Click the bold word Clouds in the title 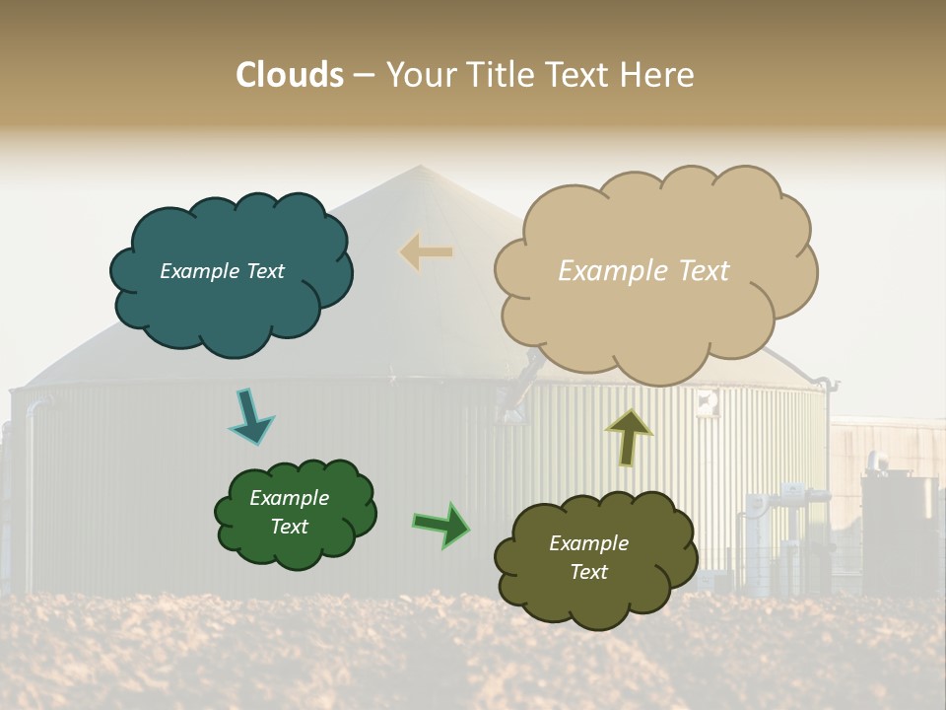pyautogui.click(x=290, y=75)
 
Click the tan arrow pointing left pyautogui.click(x=426, y=252)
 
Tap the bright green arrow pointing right pyautogui.click(x=441, y=525)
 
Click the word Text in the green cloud pyautogui.click(x=290, y=527)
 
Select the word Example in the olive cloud pyautogui.click(x=588, y=543)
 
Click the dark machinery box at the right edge pyautogui.click(x=899, y=532)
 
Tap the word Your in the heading pyautogui.click(x=418, y=75)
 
